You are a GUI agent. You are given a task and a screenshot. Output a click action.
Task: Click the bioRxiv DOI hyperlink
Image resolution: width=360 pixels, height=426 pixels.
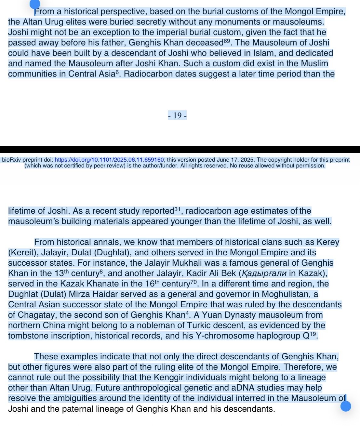point(109,160)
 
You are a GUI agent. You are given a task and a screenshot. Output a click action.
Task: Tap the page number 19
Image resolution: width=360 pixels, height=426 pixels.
point(177,115)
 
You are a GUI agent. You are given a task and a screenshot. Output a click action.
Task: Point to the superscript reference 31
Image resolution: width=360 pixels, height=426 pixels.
point(177,209)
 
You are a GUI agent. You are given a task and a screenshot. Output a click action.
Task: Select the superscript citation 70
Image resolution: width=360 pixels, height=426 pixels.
point(194,282)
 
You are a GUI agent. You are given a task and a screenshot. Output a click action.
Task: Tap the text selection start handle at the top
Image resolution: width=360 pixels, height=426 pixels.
point(34,5)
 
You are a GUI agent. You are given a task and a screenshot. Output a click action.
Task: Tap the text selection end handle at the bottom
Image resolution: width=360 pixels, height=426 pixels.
point(346,406)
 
